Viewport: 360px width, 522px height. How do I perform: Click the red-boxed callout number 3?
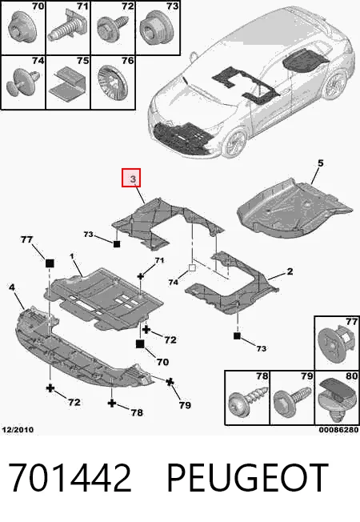coord(133,179)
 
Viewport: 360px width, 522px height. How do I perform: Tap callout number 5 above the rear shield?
coord(321,163)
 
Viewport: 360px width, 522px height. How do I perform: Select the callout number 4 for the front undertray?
coord(12,287)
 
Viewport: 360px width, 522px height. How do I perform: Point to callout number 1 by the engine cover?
coord(71,256)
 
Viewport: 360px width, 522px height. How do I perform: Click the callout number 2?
coord(290,271)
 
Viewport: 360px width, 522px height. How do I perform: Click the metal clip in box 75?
coord(68,82)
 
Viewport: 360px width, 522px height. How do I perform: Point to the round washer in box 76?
coord(113,83)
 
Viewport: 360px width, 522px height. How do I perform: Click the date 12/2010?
coord(18,430)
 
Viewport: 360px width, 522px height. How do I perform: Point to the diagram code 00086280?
coord(338,430)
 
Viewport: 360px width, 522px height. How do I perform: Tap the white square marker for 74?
coord(192,267)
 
